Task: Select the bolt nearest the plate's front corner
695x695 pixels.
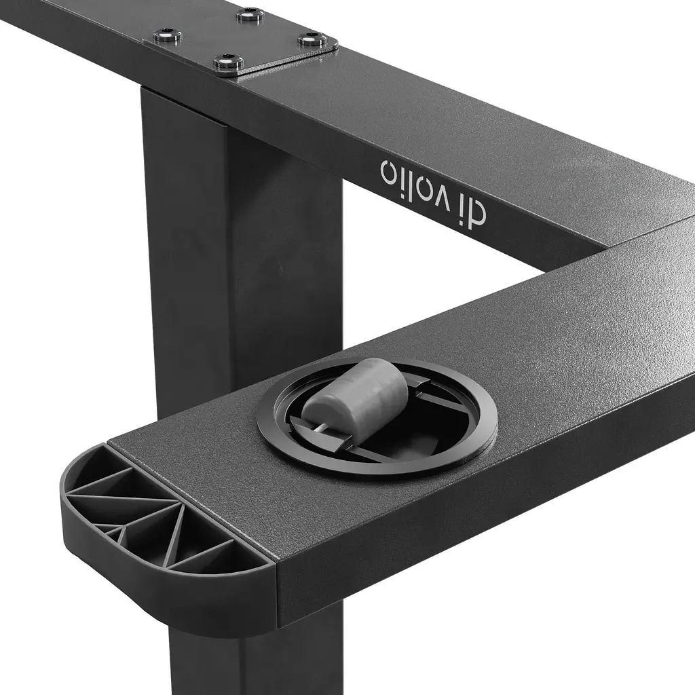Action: point(228,61)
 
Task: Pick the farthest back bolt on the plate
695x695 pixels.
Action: point(250,15)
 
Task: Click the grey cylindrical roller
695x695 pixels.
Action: point(356,394)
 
